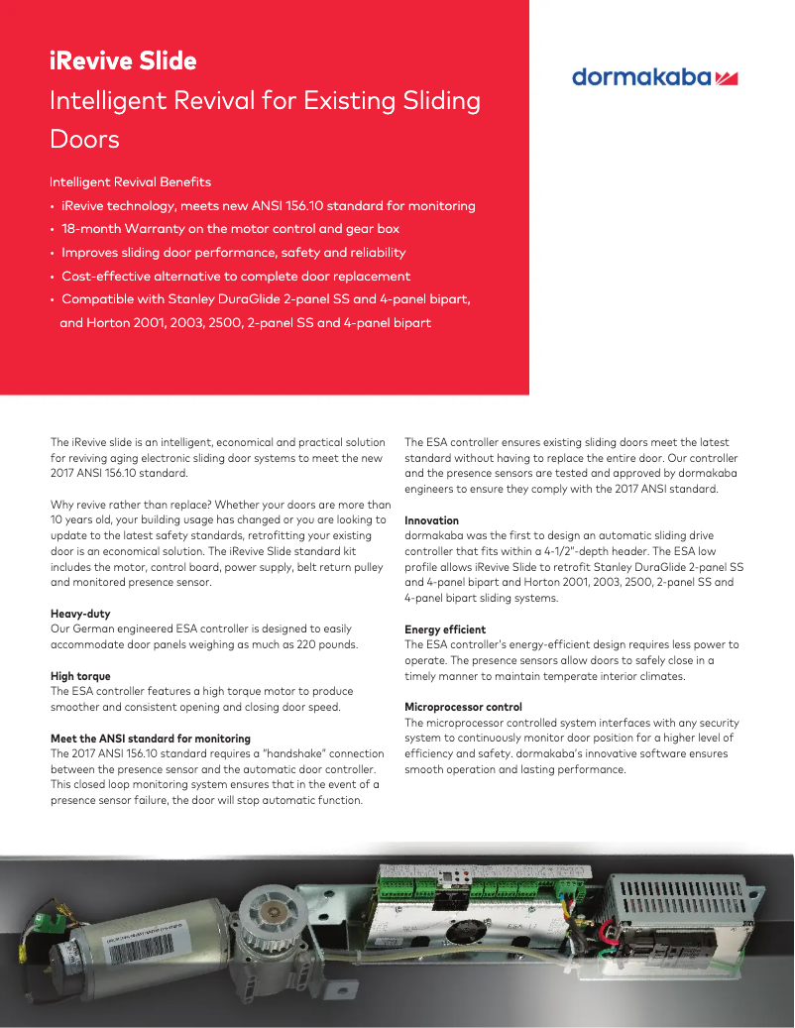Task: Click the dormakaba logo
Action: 654,78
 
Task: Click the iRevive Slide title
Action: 123,60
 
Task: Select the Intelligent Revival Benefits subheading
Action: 130,182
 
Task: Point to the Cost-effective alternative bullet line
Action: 236,277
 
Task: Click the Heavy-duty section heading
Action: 80,614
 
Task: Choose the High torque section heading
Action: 80,676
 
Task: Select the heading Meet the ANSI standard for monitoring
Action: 151,739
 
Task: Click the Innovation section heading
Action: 431,520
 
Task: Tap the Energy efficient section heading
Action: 445,629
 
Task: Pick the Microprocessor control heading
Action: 463,707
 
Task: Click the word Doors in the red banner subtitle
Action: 85,139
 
